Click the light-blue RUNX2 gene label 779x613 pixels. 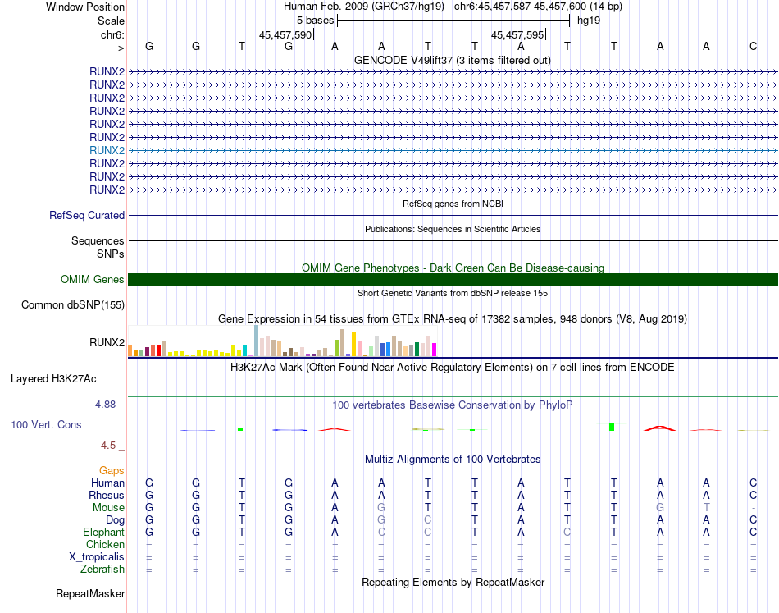pos(107,150)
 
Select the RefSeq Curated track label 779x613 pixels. pos(87,216)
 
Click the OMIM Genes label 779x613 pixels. pos(93,280)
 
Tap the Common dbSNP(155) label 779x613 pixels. pos(72,305)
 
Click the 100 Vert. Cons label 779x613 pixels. pos(46,425)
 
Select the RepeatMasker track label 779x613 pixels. pos(90,593)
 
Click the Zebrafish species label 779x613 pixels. pos(102,569)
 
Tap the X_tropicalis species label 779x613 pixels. pos(97,556)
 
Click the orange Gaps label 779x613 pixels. pos(112,471)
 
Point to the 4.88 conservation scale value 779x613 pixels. pos(107,405)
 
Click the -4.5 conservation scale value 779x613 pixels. pos(107,446)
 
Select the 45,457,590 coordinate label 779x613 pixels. pos(285,35)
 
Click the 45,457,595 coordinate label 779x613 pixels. pos(517,35)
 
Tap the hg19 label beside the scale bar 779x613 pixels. pos(589,20)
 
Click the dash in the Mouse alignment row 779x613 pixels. pos(753,508)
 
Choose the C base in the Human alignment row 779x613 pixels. pos(753,483)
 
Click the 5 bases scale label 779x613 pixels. pos(315,20)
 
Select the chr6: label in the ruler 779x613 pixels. pos(112,35)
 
